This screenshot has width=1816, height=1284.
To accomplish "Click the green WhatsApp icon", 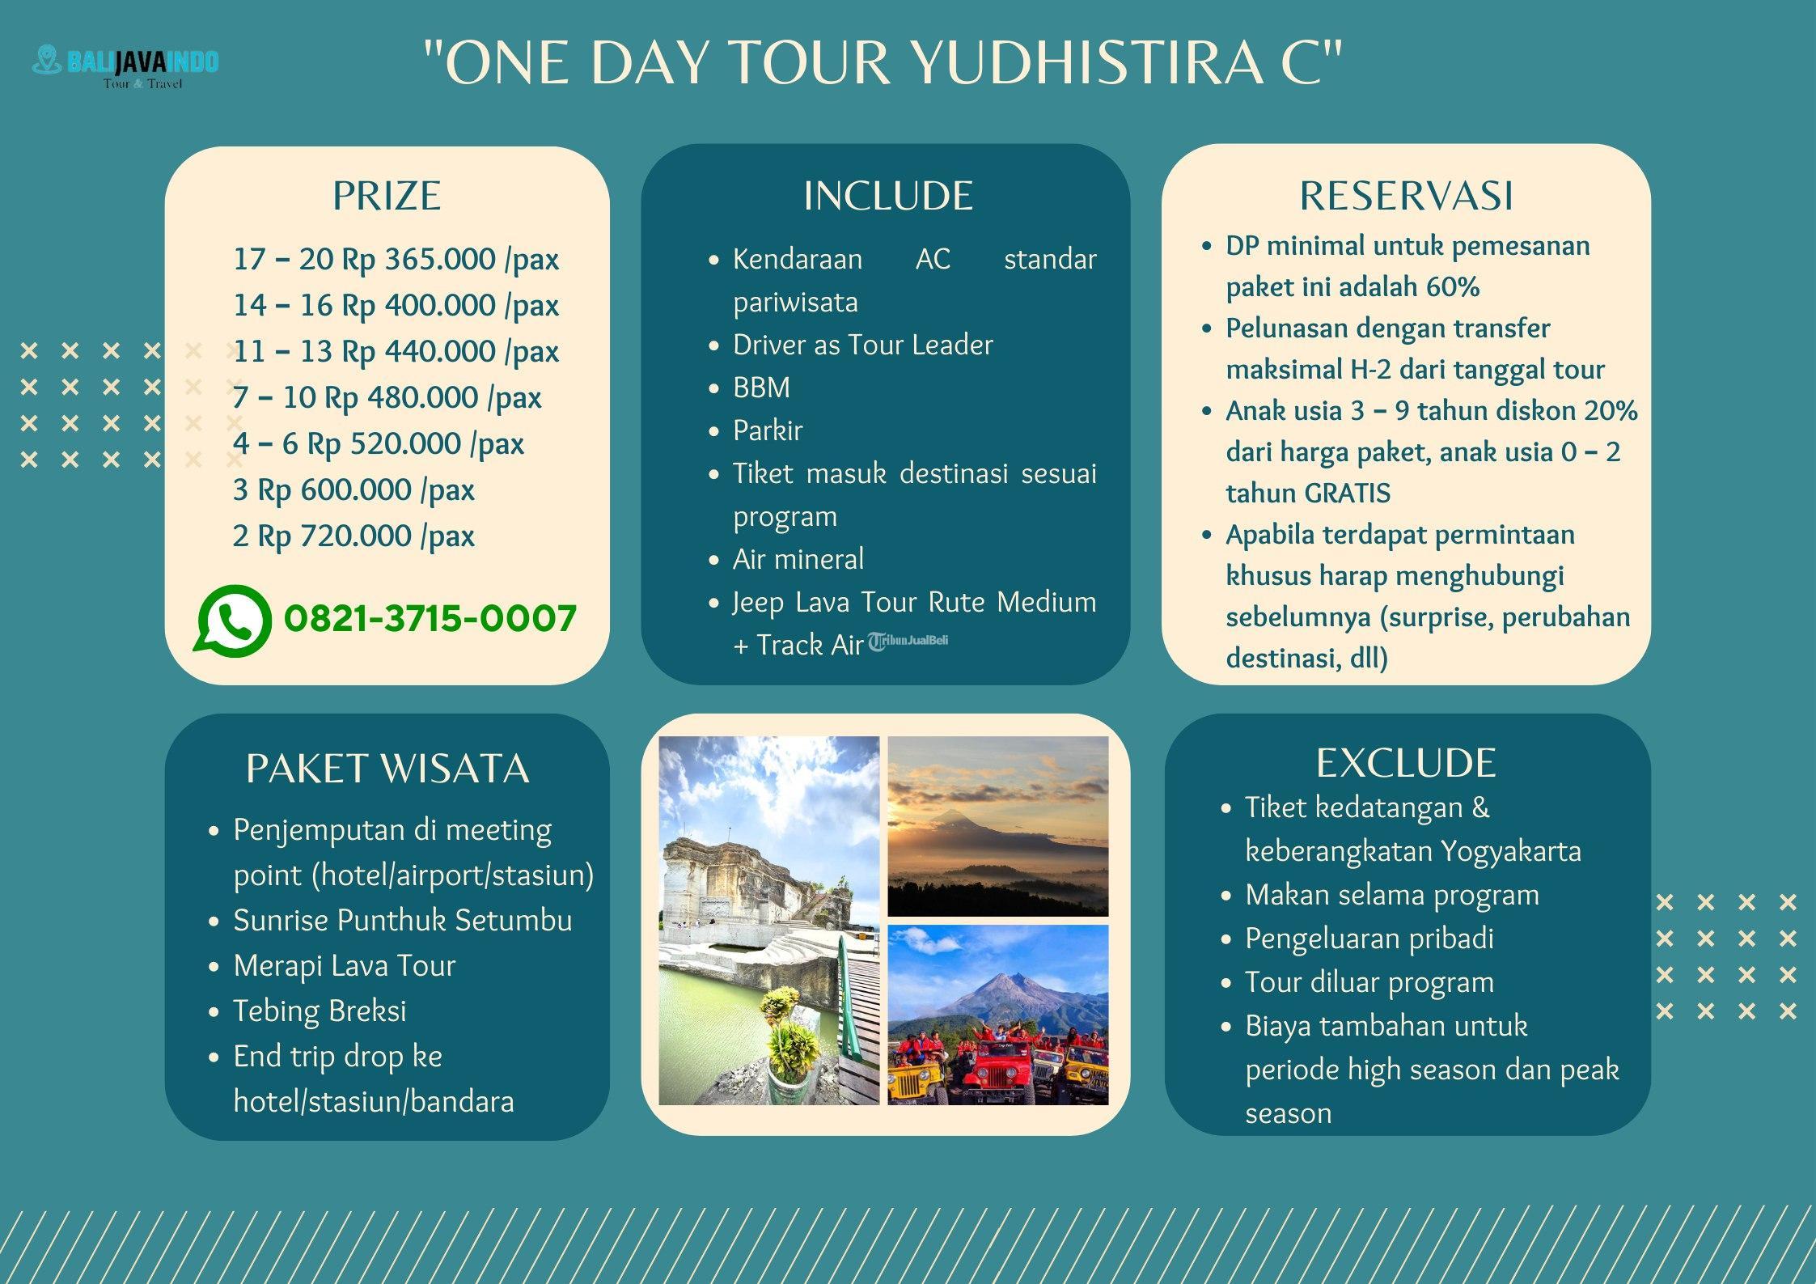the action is point(232,620).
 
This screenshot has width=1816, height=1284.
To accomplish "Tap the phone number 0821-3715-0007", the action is point(430,619).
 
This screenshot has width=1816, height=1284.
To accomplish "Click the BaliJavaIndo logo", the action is point(125,66).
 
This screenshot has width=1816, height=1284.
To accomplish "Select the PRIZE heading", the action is point(387,196).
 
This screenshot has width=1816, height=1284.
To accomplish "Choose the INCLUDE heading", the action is point(887,196).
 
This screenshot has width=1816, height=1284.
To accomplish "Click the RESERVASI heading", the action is point(1406,196).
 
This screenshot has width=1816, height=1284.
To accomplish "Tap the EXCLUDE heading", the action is point(1406,762).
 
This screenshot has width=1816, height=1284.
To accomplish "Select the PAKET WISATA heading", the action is point(387,768).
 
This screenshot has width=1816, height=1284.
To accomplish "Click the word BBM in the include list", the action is point(761,388).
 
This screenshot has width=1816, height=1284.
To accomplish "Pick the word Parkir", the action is point(768,430).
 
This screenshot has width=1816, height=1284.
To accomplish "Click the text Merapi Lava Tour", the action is point(345,965).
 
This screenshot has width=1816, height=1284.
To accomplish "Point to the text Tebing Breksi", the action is point(320,1011).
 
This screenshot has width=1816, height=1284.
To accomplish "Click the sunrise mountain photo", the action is point(998,826).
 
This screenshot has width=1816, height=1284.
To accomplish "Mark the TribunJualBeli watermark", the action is point(908,642).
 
